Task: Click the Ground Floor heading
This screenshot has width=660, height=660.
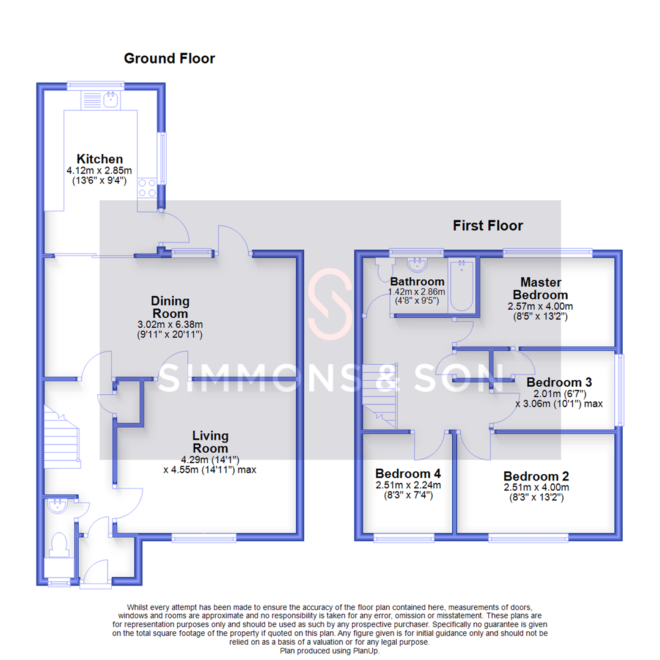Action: [169, 59]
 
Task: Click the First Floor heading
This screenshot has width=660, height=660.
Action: [488, 226]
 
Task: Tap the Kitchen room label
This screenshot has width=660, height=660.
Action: [100, 159]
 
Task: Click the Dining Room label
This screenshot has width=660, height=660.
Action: [170, 307]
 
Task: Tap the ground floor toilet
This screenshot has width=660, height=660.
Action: [59, 543]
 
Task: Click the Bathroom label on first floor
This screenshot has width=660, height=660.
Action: [417, 282]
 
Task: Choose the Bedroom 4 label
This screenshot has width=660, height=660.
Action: [408, 474]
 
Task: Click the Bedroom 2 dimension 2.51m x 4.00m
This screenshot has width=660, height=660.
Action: [536, 487]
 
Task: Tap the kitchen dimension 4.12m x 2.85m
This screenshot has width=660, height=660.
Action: [99, 170]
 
